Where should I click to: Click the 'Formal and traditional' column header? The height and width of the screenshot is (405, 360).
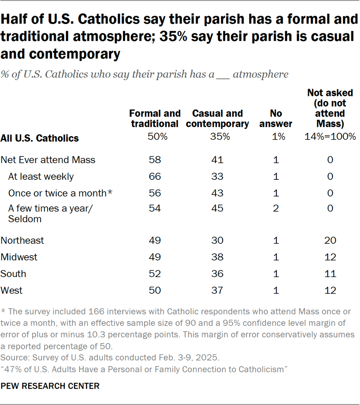155,119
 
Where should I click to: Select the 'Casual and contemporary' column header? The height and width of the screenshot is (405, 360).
217,119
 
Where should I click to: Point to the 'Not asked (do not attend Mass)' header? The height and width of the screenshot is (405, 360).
330,108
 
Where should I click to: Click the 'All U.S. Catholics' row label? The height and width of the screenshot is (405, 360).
40,138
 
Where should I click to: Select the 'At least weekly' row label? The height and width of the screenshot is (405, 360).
41,176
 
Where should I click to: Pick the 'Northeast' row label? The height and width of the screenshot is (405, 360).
22,240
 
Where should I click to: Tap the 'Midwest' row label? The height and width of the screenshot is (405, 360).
19,257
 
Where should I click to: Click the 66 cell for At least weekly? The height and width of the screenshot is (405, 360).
155,176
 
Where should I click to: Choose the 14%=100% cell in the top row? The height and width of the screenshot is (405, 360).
330,137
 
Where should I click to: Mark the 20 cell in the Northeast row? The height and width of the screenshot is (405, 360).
330,240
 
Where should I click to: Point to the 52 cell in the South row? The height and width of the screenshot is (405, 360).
155,274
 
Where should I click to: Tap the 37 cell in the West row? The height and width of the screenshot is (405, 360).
217,290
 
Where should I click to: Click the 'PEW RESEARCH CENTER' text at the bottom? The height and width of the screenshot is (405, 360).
50,386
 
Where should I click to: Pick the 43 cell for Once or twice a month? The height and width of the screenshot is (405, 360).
217,193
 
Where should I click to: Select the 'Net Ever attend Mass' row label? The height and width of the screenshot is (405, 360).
48,160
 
